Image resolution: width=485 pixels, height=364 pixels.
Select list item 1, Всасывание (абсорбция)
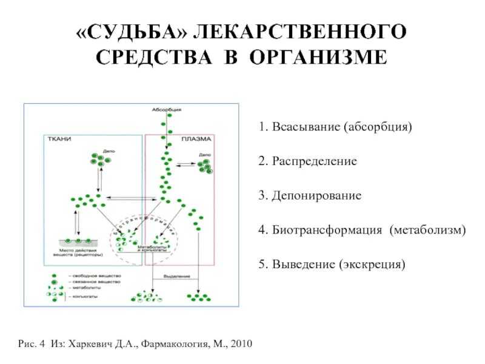coord(335,128)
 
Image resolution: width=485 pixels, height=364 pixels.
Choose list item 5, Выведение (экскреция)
coord(330,265)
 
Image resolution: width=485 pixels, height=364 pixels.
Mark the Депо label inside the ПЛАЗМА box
coord(203,155)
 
